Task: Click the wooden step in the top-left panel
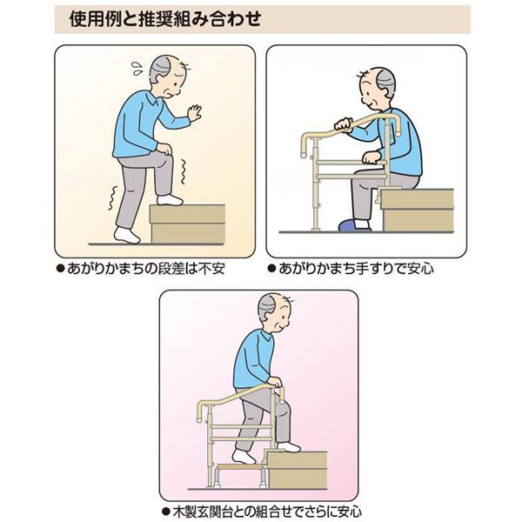(188, 224)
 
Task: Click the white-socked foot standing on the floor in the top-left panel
(128, 236)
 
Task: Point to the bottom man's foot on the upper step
(289, 446)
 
